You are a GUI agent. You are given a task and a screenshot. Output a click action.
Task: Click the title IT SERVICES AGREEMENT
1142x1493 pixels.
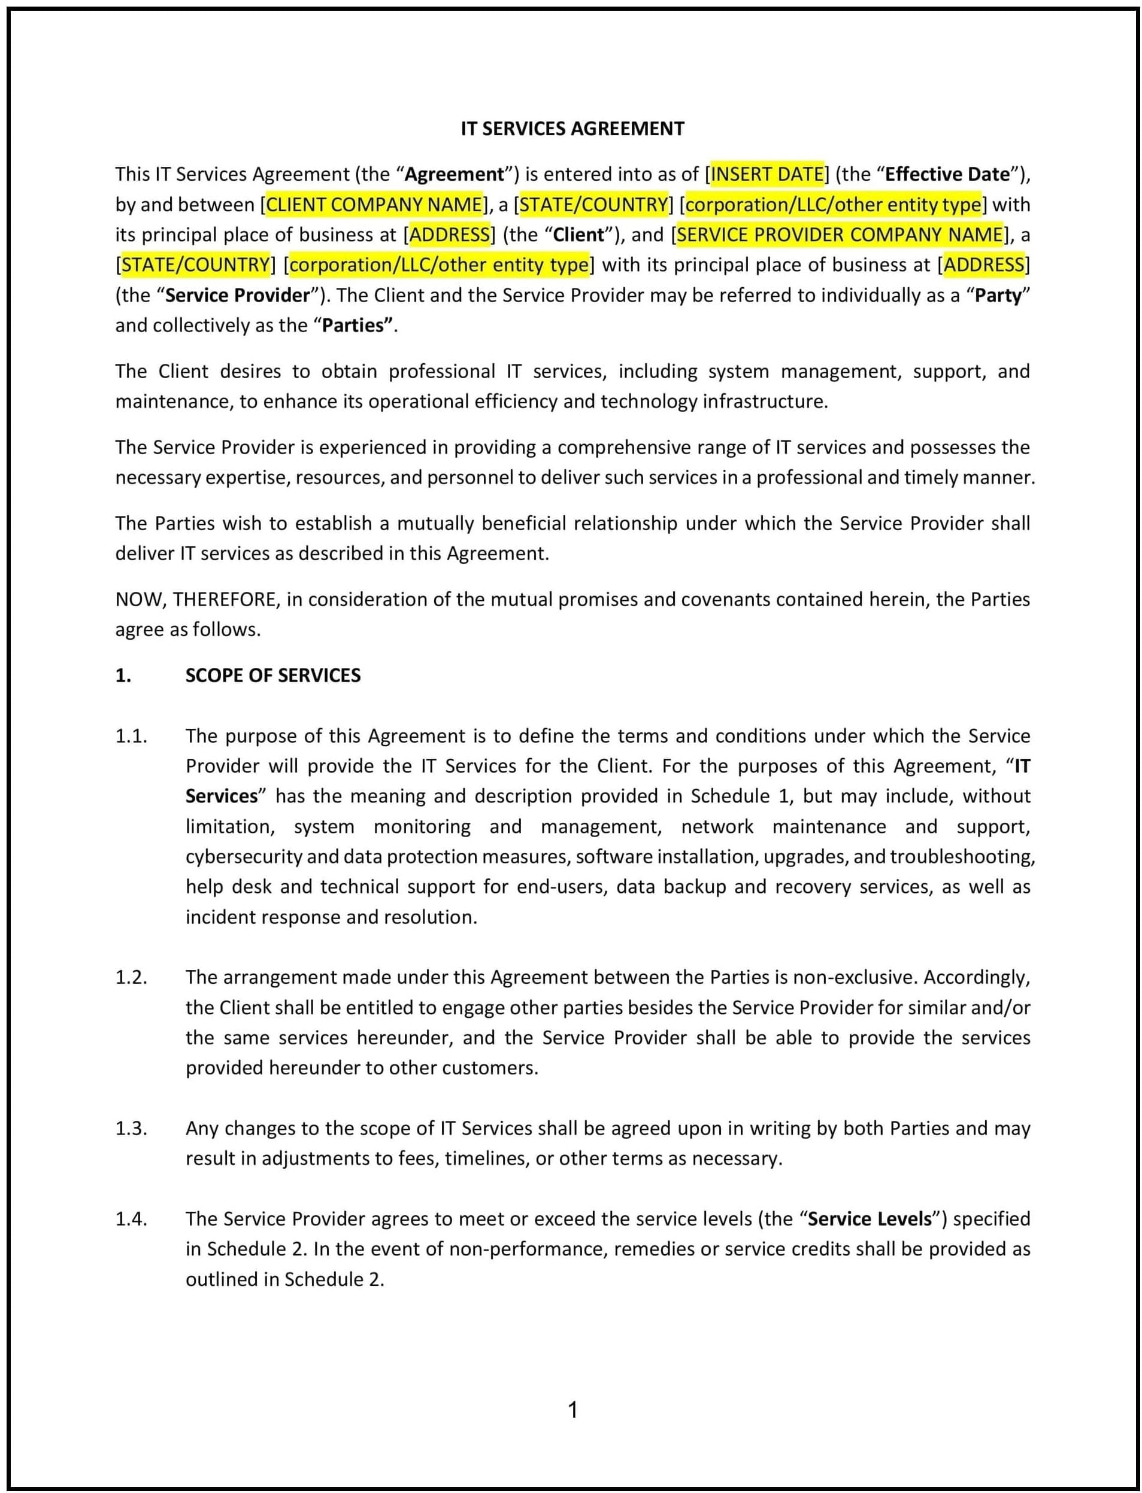pyautogui.click(x=572, y=129)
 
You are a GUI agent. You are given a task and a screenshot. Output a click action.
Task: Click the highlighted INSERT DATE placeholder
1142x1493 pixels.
pyautogui.click(x=767, y=175)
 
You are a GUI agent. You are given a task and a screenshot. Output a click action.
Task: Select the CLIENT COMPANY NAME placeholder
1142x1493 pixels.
pyautogui.click(x=374, y=205)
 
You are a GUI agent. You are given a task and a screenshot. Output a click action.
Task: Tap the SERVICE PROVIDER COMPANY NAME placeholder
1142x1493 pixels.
pyautogui.click(x=840, y=235)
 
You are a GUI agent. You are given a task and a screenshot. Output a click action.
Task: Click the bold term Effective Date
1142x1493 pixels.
pyautogui.click(x=947, y=175)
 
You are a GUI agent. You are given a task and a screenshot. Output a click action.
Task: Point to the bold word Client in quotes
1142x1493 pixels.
pyautogui.click(x=578, y=235)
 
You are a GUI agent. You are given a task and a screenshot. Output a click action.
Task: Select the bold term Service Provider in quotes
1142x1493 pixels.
pyautogui.click(x=237, y=296)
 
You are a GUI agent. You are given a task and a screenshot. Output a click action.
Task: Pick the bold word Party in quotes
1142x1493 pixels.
pyautogui.click(x=998, y=296)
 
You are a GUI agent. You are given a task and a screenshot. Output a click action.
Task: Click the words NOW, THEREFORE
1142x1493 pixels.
pyautogui.click(x=195, y=599)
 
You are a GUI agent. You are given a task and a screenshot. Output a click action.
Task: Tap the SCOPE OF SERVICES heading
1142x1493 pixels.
pyautogui.click(x=272, y=675)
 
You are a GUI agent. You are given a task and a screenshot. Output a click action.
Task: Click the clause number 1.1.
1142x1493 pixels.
pyautogui.click(x=131, y=735)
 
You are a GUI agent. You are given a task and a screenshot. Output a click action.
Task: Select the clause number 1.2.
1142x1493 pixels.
pyautogui.click(x=131, y=977)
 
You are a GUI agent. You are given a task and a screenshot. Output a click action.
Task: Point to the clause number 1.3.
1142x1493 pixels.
pyautogui.click(x=131, y=1127)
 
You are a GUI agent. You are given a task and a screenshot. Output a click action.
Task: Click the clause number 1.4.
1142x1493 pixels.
pyautogui.click(x=131, y=1218)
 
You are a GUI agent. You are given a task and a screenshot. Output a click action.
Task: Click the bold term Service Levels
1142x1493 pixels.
pyautogui.click(x=870, y=1218)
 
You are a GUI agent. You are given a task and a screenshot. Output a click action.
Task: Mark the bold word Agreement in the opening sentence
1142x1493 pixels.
pyautogui.click(x=454, y=175)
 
